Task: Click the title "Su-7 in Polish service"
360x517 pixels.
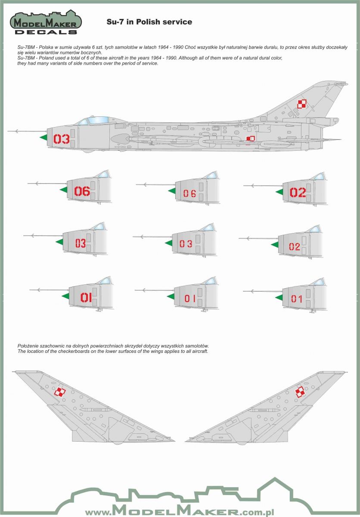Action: click(149, 22)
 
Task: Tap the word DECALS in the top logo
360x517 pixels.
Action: click(46, 31)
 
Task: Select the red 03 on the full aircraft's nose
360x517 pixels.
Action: click(61, 139)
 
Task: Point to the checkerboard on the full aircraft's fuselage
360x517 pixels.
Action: click(250, 139)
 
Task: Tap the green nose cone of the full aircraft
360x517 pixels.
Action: click(43, 138)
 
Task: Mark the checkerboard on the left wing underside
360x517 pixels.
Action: click(61, 391)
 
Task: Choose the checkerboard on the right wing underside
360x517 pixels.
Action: click(300, 392)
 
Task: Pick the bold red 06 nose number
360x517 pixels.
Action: click(82, 192)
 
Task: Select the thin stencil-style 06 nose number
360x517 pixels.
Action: click(189, 194)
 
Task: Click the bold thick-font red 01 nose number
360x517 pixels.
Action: click(86, 297)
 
